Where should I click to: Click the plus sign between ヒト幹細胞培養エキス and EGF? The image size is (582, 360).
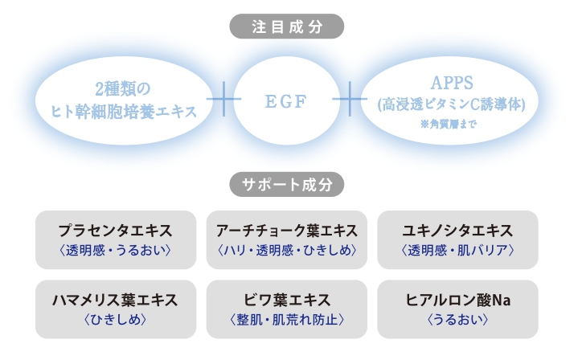pyautogui.click(x=224, y=100)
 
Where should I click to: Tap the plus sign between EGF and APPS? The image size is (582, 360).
pyautogui.click(x=350, y=100)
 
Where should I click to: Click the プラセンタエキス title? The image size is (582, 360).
pyautogui.click(x=116, y=231)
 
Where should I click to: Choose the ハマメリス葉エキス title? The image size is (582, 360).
pyautogui.click(x=116, y=300)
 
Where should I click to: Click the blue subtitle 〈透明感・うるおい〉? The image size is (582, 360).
pyautogui.click(x=116, y=251)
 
